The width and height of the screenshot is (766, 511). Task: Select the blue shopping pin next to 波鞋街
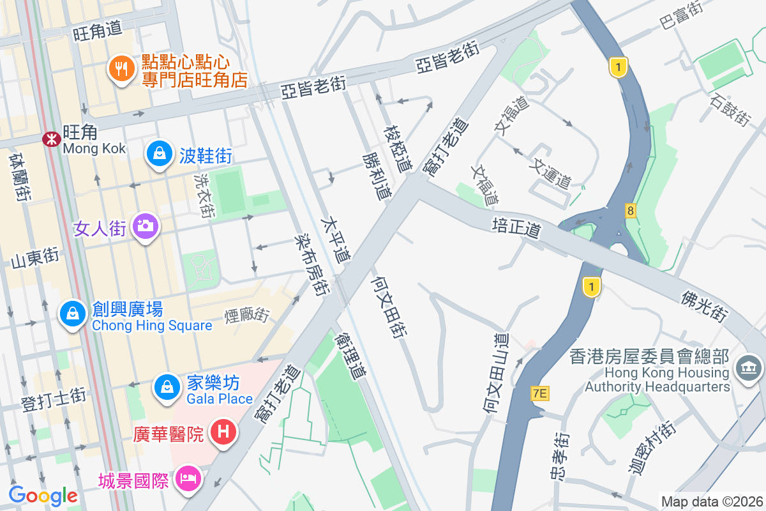(x=157, y=154)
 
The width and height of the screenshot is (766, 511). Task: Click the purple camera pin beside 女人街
(x=145, y=227)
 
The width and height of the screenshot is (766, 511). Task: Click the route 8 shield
(x=631, y=210)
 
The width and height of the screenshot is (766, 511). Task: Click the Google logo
(x=43, y=495)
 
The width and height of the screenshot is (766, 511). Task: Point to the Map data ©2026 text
(x=711, y=501)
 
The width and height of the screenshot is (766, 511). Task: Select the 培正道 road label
(x=516, y=226)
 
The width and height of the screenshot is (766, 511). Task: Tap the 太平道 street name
(x=336, y=240)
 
